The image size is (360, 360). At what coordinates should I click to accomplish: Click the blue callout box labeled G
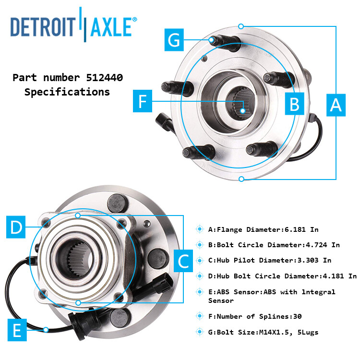tap(175, 40)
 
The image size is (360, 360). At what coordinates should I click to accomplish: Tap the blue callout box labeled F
tap(142, 101)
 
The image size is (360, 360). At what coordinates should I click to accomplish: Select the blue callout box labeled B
tap(295, 103)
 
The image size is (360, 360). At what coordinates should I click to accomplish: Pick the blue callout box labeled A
tap(336, 105)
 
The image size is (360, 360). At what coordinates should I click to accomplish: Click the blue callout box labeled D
tap(17, 227)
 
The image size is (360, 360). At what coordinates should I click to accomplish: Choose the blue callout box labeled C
tap(183, 262)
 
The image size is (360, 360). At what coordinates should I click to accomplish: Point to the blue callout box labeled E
tap(17, 331)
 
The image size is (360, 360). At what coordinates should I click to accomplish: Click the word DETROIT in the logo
tap(44, 27)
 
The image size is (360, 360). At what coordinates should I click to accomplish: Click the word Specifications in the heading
tap(67, 92)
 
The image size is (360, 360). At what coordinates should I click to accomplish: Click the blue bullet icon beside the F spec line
tap(200, 316)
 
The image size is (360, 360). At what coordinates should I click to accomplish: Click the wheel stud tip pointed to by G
tap(213, 39)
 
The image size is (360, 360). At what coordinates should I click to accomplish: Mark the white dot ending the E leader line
tap(46, 329)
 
